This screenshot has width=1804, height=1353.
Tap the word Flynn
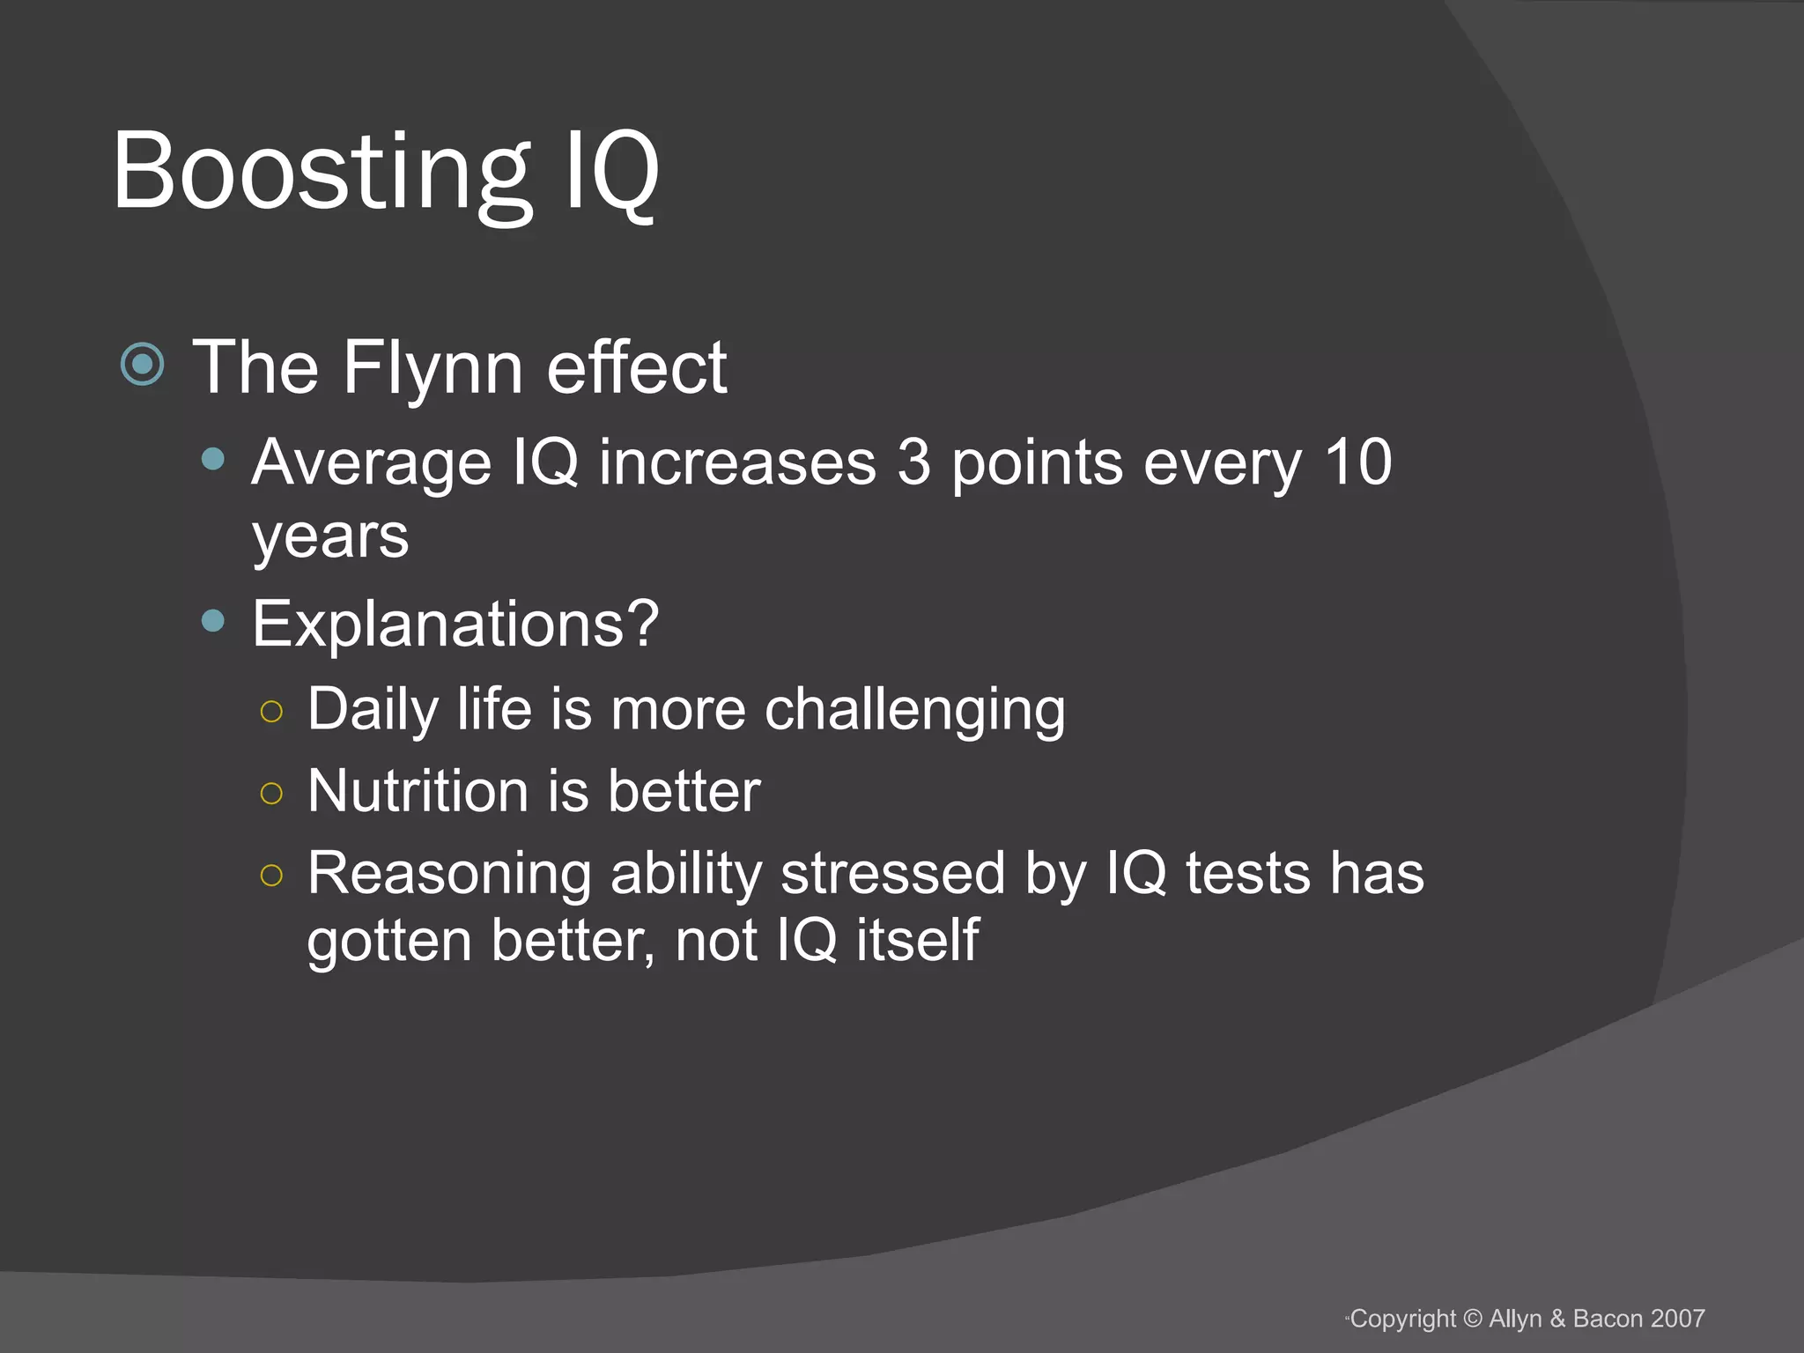coord(433,368)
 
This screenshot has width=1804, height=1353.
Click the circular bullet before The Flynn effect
coord(143,364)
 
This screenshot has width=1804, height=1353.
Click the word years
coord(330,536)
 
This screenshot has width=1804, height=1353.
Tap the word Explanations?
coord(455,624)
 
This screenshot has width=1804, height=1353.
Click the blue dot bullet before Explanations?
coord(212,621)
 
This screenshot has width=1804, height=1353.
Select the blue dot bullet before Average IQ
coord(212,459)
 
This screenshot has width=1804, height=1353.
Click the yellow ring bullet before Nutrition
coord(272,793)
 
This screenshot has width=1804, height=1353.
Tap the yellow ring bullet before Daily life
coord(272,711)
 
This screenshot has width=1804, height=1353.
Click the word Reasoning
coord(449,875)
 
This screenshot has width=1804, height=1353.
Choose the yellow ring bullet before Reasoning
coord(272,875)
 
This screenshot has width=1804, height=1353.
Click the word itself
coord(917,940)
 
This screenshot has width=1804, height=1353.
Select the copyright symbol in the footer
coord(1473,1319)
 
